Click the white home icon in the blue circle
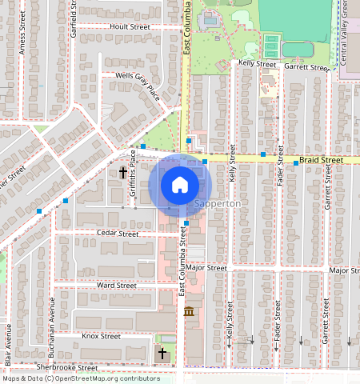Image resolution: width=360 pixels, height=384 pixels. click(x=180, y=185)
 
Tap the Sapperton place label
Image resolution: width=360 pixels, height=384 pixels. click(x=217, y=204)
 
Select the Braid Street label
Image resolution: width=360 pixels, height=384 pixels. click(x=321, y=160)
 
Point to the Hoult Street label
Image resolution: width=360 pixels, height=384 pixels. click(x=130, y=26)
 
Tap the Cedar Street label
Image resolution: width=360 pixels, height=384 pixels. click(x=117, y=234)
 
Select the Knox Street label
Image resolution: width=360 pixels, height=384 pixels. click(x=101, y=337)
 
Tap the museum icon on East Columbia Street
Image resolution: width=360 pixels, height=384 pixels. click(x=189, y=311)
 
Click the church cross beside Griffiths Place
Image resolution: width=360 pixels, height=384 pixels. click(x=124, y=171)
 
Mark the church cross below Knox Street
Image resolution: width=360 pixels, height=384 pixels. click(x=162, y=353)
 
